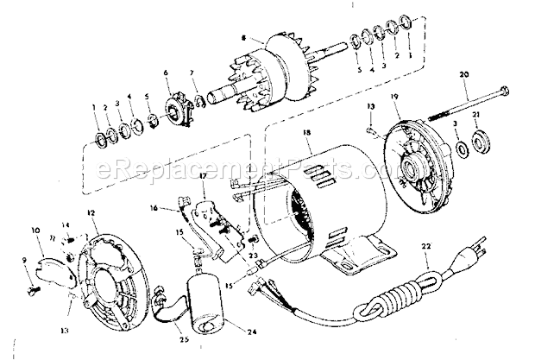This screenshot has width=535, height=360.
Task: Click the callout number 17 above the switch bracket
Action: click(x=204, y=177)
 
